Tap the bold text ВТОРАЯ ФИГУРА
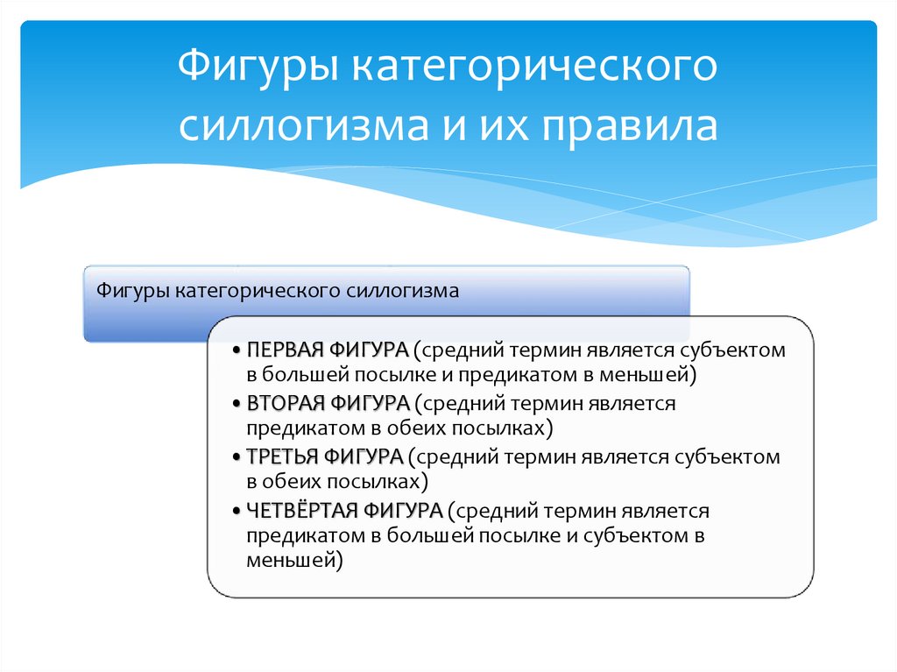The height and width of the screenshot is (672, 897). pyautogui.click(x=328, y=403)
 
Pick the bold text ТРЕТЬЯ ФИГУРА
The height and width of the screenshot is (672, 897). pyautogui.click(x=324, y=456)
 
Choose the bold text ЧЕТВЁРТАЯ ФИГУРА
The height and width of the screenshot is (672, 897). pyautogui.click(x=344, y=510)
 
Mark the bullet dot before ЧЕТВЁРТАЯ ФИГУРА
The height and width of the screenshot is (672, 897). pyautogui.click(x=237, y=511)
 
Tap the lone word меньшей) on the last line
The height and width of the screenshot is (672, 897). pyautogui.click(x=293, y=558)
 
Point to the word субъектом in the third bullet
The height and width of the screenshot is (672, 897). pyautogui.click(x=735, y=456)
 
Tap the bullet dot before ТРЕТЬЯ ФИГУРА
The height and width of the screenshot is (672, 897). pyautogui.click(x=237, y=457)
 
